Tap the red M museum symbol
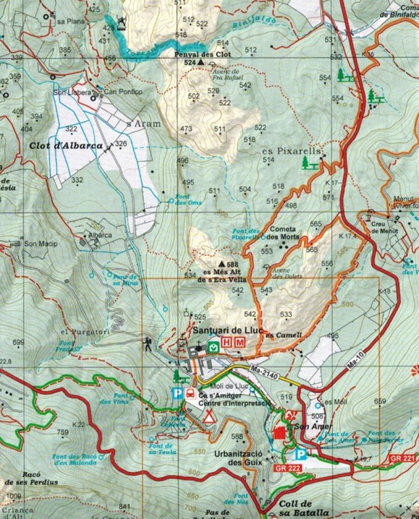(240, 343)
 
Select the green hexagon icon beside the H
(214, 346)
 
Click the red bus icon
(189, 394)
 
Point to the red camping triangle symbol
(209, 417)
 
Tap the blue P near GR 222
(301, 455)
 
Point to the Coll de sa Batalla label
(303, 508)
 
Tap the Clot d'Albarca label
(66, 146)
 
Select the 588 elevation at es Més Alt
(232, 264)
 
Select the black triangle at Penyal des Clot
(201, 62)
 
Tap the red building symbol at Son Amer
(279, 432)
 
